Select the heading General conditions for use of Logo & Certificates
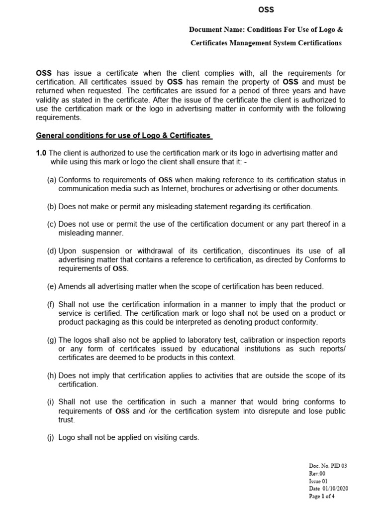(x=124, y=135)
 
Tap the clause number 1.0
(x=41, y=153)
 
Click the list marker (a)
(x=52, y=180)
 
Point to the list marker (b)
(x=52, y=206)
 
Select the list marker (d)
(x=52, y=251)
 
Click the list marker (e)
(x=52, y=286)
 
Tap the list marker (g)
(x=52, y=340)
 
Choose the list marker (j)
(x=52, y=438)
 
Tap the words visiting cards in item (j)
(x=176, y=438)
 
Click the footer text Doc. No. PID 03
(x=328, y=466)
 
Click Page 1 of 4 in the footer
(x=322, y=496)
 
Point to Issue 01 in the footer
(x=318, y=481)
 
